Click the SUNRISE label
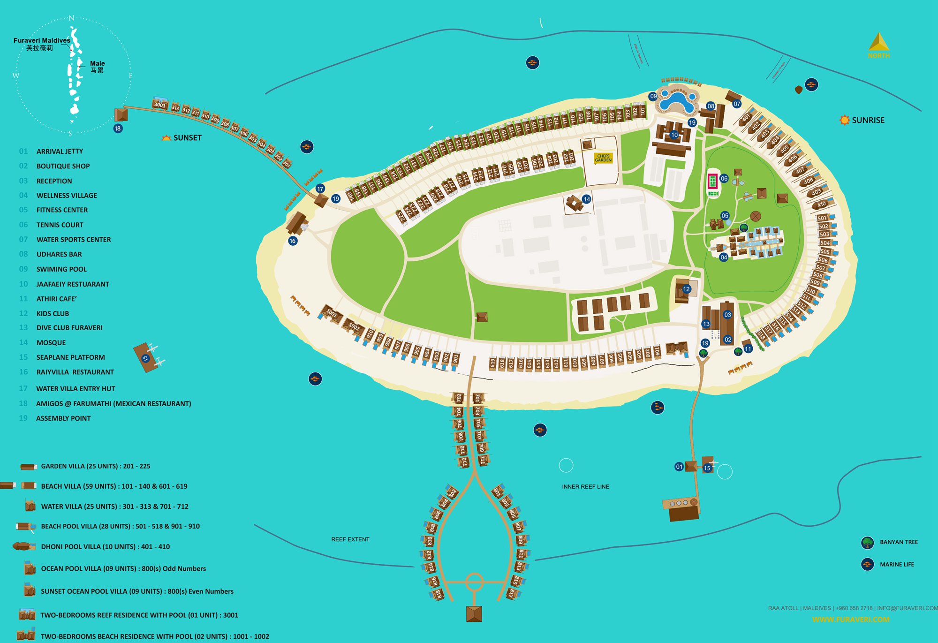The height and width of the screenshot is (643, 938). coord(868,120)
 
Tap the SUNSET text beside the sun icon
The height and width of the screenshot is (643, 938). coord(187,138)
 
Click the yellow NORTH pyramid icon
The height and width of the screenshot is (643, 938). coord(878,42)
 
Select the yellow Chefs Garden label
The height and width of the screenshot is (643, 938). coord(603,158)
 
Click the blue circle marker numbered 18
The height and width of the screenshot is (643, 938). coord(118,129)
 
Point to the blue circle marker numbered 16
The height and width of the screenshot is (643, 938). coord(293,241)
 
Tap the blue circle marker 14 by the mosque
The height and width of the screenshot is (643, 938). coord(586,199)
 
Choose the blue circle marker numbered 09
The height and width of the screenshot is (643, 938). coord(653,96)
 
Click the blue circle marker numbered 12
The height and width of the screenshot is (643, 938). coord(686,289)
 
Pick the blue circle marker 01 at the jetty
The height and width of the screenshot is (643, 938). coord(679,467)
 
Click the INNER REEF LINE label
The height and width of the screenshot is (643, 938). coord(585,487)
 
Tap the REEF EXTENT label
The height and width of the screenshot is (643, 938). coord(350,539)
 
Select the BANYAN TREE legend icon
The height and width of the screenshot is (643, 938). coord(868,543)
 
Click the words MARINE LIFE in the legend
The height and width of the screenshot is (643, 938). coord(897,565)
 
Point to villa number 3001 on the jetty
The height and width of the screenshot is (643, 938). coord(160,104)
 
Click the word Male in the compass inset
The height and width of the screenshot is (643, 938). coord(98,63)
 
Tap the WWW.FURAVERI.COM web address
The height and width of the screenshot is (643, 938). coord(851,620)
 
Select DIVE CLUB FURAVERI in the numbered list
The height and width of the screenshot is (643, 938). coord(69,328)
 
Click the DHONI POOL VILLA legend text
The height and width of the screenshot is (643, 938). coord(106,547)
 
